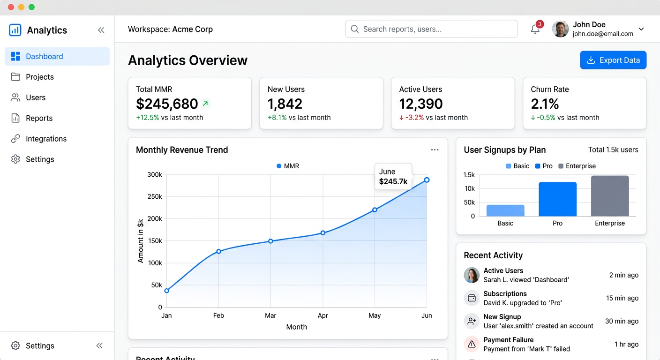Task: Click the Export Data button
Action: coord(613,60)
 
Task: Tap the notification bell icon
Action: coord(535,30)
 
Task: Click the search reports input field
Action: coord(431,29)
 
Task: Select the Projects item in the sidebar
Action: coord(40,77)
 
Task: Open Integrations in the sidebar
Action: coord(46,139)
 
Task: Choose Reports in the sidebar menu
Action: coord(39,118)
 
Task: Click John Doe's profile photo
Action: coord(560,29)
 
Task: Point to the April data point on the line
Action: coord(323,232)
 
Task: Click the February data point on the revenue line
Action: coord(218,252)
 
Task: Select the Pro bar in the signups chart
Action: coord(557,199)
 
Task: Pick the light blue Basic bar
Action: coord(505,210)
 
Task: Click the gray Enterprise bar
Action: coord(610,196)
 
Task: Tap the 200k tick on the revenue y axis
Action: coord(154,219)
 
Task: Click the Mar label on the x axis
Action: coord(270,315)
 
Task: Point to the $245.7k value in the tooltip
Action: coord(393,181)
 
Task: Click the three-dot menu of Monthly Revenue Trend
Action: coord(435,150)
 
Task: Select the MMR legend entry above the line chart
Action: coord(288,166)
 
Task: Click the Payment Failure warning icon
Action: coord(472,344)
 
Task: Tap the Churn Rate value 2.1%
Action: coord(545,104)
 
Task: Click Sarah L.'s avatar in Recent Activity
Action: coord(472,275)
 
